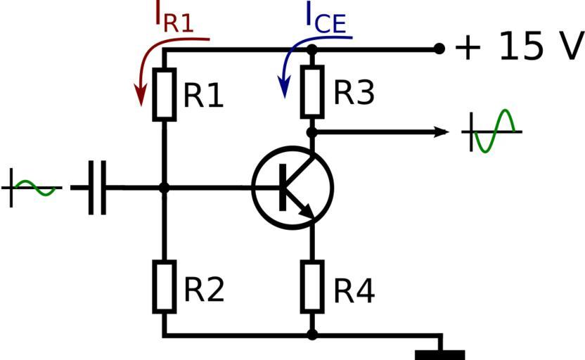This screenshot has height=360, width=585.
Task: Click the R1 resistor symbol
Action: coord(164,94)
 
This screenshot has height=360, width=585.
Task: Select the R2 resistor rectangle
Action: coord(164,288)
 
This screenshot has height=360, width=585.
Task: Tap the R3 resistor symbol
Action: coord(312,92)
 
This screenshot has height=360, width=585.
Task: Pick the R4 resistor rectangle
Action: coord(312,288)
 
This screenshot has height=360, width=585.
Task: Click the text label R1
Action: coord(203,96)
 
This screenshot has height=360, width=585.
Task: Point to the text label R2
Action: coord(204,289)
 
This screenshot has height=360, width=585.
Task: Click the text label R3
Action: coord(354,92)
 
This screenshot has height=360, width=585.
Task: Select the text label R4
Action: coord(354,290)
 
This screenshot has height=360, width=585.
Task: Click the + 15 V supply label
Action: coord(519,48)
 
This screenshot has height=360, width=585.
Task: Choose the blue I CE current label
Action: coord(325,20)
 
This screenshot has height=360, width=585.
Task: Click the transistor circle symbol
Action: coord(292,188)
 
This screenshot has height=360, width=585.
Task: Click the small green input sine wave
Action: coord(33,188)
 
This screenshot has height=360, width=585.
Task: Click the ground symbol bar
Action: coord(440,354)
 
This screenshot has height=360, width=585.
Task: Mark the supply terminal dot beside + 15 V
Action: coord(439,49)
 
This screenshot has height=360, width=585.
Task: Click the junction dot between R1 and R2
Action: coord(164,188)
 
